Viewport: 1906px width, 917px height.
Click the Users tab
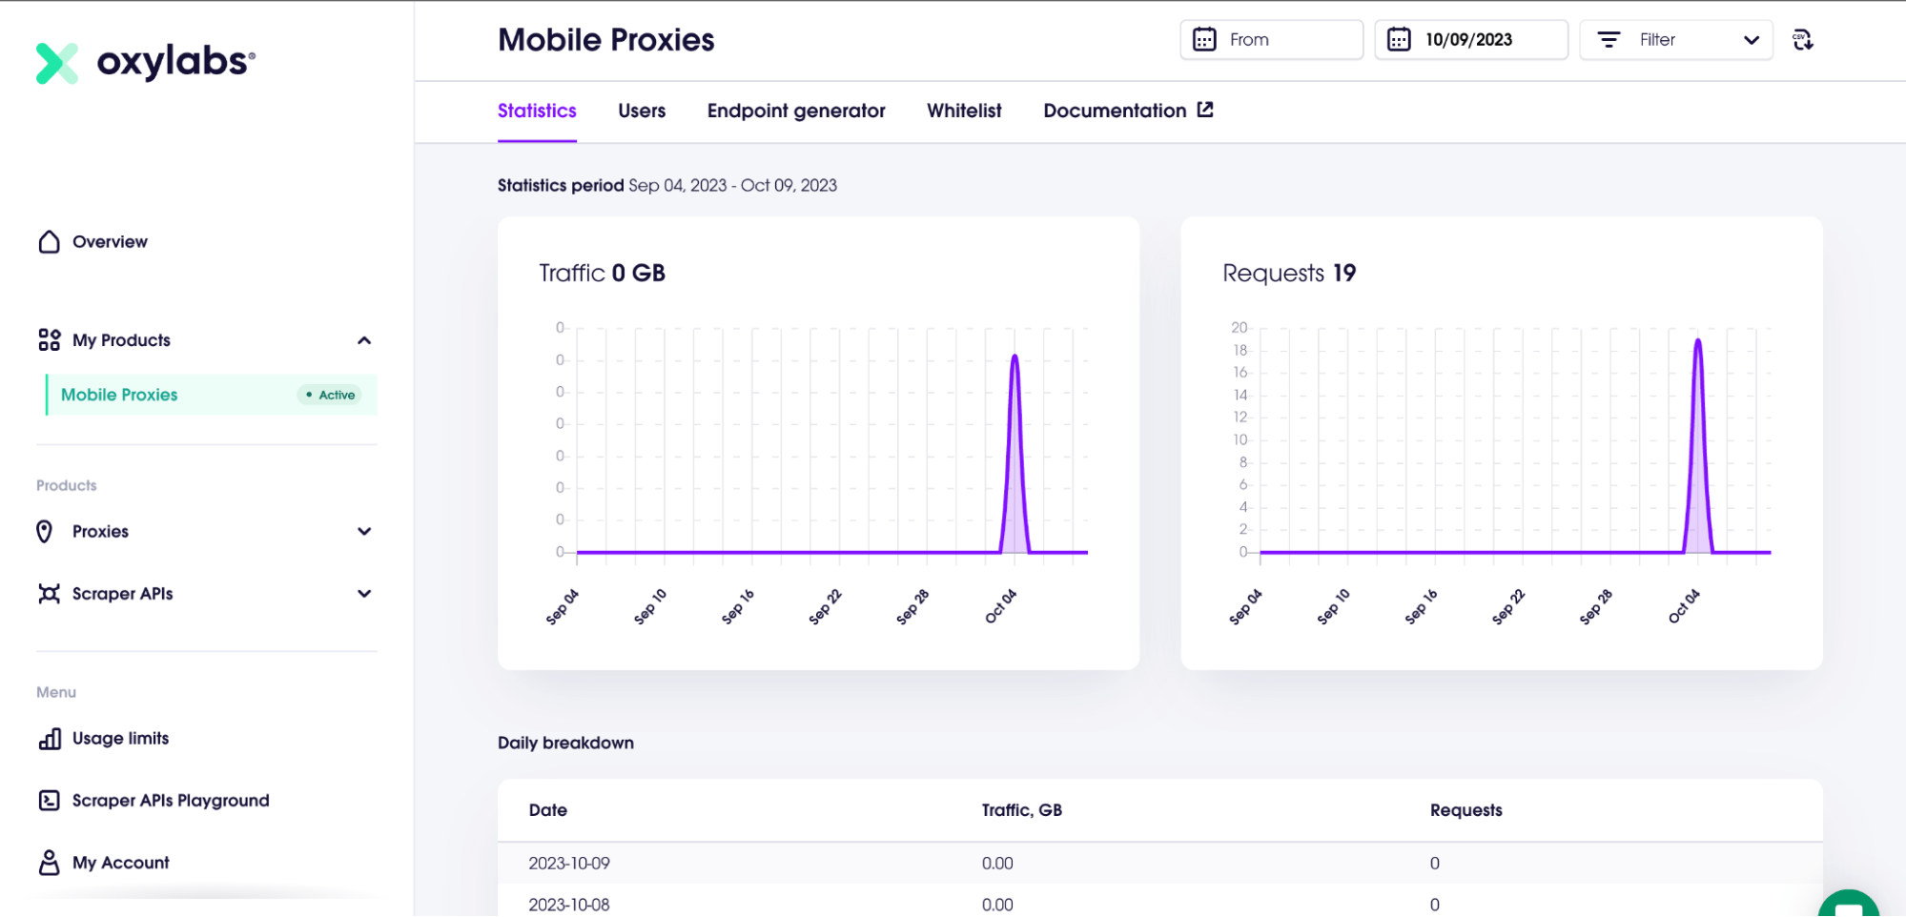pos(642,111)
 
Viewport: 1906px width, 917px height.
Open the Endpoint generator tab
pos(796,111)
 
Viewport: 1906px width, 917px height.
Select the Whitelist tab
pos(964,111)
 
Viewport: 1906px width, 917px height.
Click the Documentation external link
pos(1128,111)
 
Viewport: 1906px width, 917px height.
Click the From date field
pos(1271,40)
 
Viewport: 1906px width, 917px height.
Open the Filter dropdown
pos(1676,40)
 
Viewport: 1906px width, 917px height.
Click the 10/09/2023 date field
pos(1471,40)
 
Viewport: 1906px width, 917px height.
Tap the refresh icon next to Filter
pos(1802,40)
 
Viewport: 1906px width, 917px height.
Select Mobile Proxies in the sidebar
pos(119,395)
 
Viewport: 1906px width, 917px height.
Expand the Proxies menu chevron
pos(364,532)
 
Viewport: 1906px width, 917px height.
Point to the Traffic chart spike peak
pos(1014,357)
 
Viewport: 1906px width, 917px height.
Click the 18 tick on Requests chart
pos(1240,350)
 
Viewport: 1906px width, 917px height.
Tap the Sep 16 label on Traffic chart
pos(737,607)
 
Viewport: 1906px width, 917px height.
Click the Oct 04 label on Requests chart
pos(1684,607)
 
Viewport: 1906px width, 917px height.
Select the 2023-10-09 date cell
pos(569,864)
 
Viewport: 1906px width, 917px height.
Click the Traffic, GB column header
pos(1021,810)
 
